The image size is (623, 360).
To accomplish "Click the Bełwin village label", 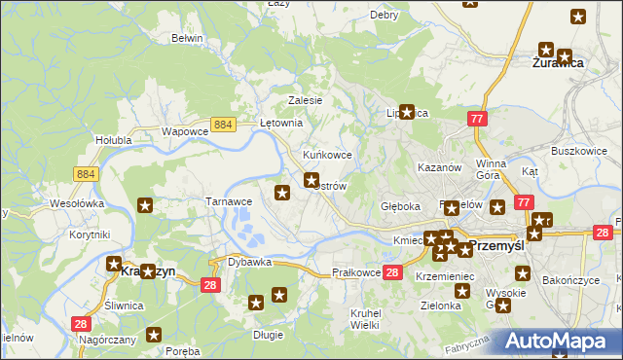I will click(186, 38).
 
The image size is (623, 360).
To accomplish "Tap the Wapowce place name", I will click(185, 131).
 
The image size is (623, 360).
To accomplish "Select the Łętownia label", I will click(283, 124).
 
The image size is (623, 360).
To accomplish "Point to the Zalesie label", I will click(305, 100).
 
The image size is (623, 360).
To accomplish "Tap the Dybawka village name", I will click(249, 263).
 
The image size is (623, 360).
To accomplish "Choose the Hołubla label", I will click(113, 140).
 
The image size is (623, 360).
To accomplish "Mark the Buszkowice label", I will click(579, 152).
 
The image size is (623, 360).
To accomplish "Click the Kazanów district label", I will click(438, 167).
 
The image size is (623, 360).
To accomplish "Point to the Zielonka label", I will click(441, 305).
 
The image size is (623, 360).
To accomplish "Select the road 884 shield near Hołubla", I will click(85, 173).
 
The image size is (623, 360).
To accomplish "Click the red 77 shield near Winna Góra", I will click(477, 119).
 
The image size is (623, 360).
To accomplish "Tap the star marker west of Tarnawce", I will click(145, 205).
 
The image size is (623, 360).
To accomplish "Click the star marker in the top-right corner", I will click(578, 17).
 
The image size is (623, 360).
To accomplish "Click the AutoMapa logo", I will click(562, 341).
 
